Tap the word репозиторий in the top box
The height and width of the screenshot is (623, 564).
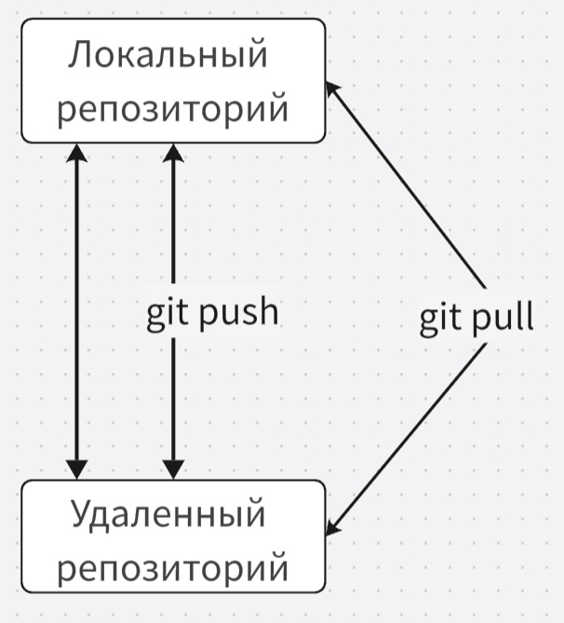(x=172, y=110)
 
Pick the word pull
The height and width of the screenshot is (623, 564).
(x=502, y=318)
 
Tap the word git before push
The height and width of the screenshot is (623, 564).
(x=168, y=313)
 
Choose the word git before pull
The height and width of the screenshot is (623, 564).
(x=440, y=318)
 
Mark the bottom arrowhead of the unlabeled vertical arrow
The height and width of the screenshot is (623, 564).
(x=77, y=469)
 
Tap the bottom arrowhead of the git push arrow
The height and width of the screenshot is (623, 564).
(x=172, y=469)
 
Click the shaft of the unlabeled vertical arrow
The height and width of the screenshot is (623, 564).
(x=77, y=307)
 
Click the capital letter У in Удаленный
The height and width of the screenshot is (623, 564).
(x=82, y=513)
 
